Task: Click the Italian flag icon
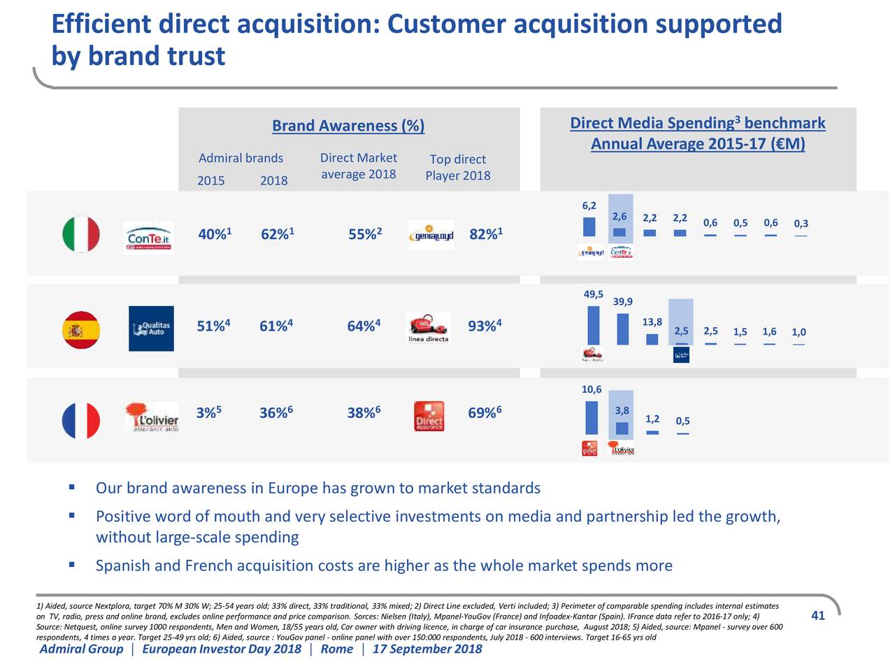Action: (x=81, y=234)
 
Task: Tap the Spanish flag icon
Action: (x=81, y=330)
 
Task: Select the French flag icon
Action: (x=81, y=421)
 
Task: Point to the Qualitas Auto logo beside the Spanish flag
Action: (x=151, y=329)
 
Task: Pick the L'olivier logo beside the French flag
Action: (x=151, y=418)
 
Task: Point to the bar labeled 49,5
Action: (x=594, y=325)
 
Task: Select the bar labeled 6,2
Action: (x=589, y=226)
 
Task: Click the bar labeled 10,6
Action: (x=592, y=417)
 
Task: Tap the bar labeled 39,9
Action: (x=623, y=329)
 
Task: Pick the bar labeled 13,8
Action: (x=652, y=339)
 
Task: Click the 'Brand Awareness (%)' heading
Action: (x=348, y=126)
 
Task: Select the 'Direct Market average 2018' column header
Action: (x=358, y=166)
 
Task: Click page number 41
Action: (x=818, y=616)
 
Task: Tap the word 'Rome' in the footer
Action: (x=336, y=649)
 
